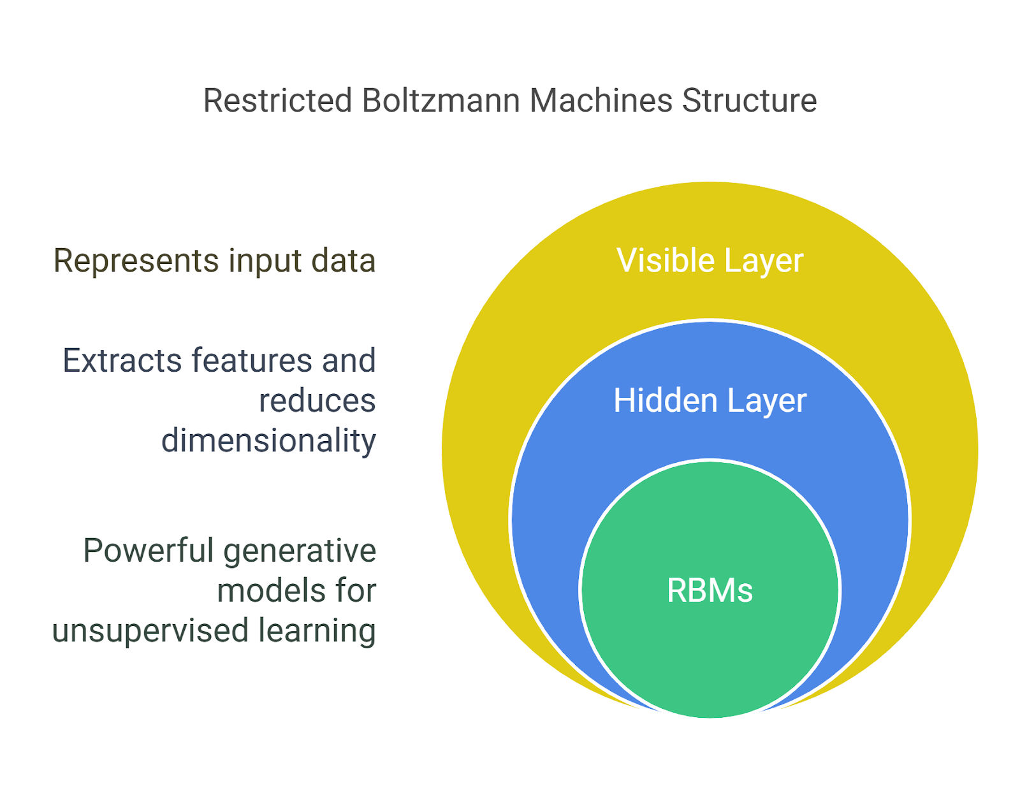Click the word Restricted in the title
click(x=277, y=101)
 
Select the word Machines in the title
click(x=601, y=101)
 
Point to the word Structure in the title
click(x=749, y=101)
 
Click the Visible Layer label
click(x=710, y=261)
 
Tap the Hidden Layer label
click(x=710, y=401)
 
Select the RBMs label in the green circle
click(x=710, y=590)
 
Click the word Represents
click(x=136, y=261)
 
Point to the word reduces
click(x=317, y=401)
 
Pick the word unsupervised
click(x=150, y=631)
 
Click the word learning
click(x=317, y=631)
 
